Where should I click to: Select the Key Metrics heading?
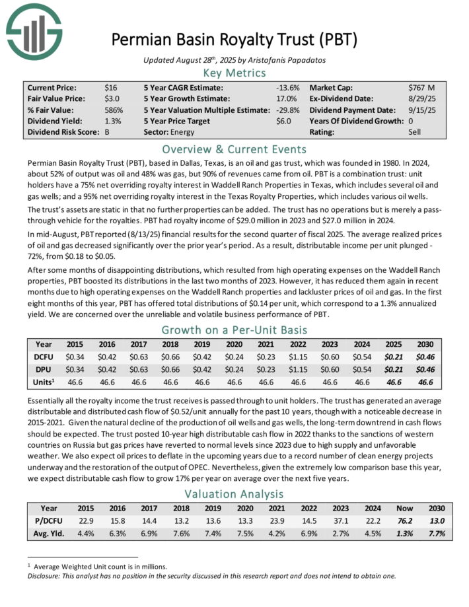pos(234,73)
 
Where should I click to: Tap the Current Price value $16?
pos(110,87)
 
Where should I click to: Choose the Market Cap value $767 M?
pos(421,87)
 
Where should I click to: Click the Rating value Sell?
pos(415,132)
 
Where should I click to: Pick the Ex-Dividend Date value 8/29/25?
pos(421,98)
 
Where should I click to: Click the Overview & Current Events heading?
pos(234,149)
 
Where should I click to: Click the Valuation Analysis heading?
pos(234,493)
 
